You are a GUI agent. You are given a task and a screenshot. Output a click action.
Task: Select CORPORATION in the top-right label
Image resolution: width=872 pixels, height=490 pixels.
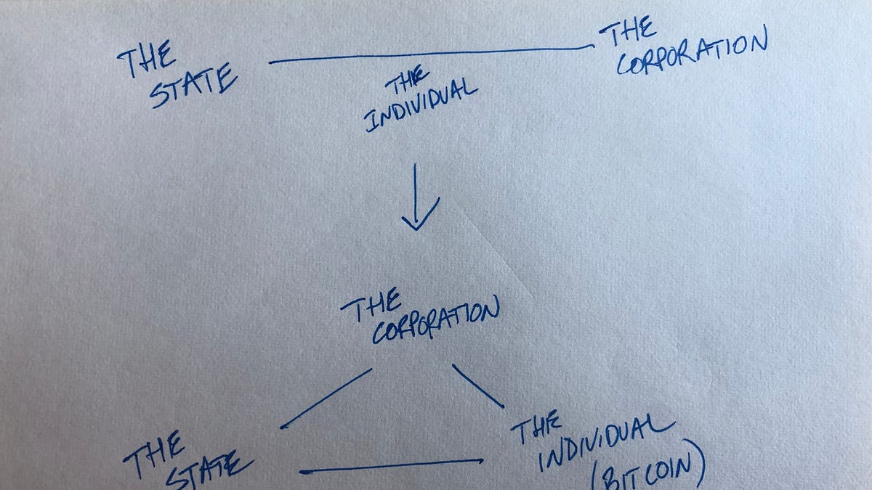(x=691, y=55)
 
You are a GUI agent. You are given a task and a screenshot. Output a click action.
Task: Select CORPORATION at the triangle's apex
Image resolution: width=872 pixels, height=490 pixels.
(x=436, y=324)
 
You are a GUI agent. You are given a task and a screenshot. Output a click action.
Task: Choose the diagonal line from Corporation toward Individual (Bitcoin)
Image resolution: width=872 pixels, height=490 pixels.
(x=477, y=385)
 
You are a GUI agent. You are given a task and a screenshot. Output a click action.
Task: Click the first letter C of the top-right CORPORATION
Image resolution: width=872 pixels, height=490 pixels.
(x=626, y=65)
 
